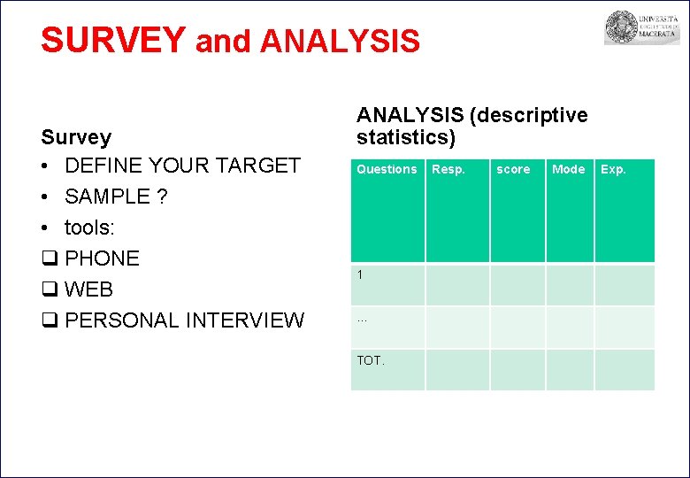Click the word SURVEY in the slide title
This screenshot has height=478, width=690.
[x=113, y=41]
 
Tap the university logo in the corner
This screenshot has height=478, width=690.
[x=629, y=28]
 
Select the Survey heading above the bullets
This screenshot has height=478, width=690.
[x=76, y=137]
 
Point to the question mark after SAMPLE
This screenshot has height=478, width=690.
[x=161, y=197]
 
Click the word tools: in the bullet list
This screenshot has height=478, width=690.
[x=89, y=227]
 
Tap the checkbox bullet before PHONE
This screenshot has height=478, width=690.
[x=49, y=258]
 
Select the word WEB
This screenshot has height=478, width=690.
[x=89, y=289]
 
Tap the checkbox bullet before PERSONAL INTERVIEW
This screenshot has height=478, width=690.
[x=49, y=320]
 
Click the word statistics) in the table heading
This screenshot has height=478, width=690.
[x=406, y=138]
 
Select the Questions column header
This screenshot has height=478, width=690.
[x=387, y=169]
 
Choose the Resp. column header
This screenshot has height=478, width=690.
[x=448, y=169]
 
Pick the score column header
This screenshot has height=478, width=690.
[x=513, y=169]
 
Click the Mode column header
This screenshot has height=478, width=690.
[x=568, y=169]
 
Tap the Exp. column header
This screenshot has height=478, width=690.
[x=613, y=169]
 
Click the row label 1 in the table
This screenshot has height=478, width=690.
[x=360, y=275]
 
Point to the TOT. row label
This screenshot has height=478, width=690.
[x=371, y=360]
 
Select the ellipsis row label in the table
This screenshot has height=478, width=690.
[x=361, y=319]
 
